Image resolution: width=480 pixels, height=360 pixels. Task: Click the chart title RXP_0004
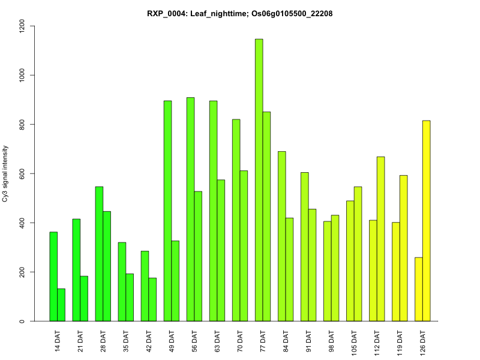pyautogui.click(x=239, y=13)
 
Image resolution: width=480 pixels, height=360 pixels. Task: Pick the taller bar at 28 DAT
pyautogui.click(x=100, y=254)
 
